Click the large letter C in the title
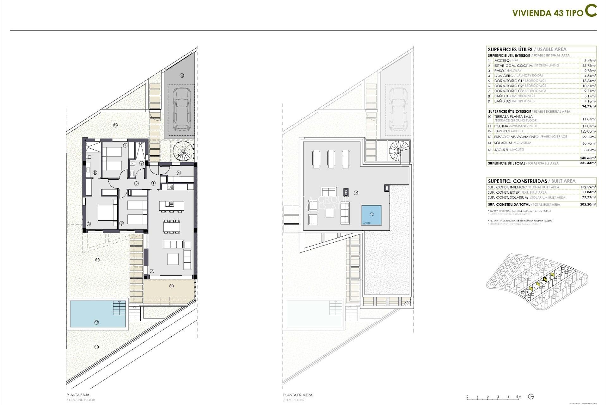pyautogui.click(x=591, y=11)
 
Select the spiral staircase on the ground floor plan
pyautogui.click(x=183, y=151)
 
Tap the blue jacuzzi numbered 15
pyautogui.click(x=371, y=215)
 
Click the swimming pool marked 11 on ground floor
pyautogui.click(x=96, y=314)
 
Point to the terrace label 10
pyautogui.click(x=171, y=286)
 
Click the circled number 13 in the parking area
pyautogui.click(x=181, y=75)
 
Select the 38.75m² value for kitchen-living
pyautogui.click(x=589, y=65)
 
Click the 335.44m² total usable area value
pyautogui.click(x=588, y=163)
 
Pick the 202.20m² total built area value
pyautogui.click(x=588, y=204)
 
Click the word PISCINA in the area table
pyautogui.click(x=501, y=126)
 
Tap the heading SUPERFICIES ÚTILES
pyautogui.click(x=510, y=49)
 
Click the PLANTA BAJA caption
pyautogui.click(x=78, y=395)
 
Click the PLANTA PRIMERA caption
pyautogui.click(x=297, y=395)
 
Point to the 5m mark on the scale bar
pyautogui.click(x=518, y=397)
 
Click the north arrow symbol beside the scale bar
pyautogui.click(x=531, y=397)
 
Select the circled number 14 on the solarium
pyautogui.click(x=356, y=193)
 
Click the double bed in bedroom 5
pyautogui.click(x=107, y=212)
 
